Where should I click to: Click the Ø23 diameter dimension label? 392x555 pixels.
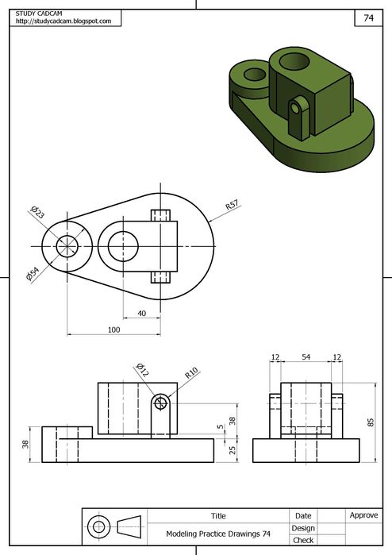coord(37,212)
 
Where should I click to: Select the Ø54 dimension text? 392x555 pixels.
coord(33,274)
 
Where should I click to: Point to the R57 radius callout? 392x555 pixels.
coord(232,205)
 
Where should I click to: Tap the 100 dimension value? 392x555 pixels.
coord(114,330)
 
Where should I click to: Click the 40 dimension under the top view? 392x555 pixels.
coord(141,314)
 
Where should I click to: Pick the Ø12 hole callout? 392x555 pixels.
coord(142,369)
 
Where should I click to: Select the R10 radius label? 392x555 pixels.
coord(191,373)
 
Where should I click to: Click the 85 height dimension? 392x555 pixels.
coord(371,422)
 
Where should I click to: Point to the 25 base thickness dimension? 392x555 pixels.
coord(232,450)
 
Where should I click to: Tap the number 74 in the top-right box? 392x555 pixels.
coord(369,17)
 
